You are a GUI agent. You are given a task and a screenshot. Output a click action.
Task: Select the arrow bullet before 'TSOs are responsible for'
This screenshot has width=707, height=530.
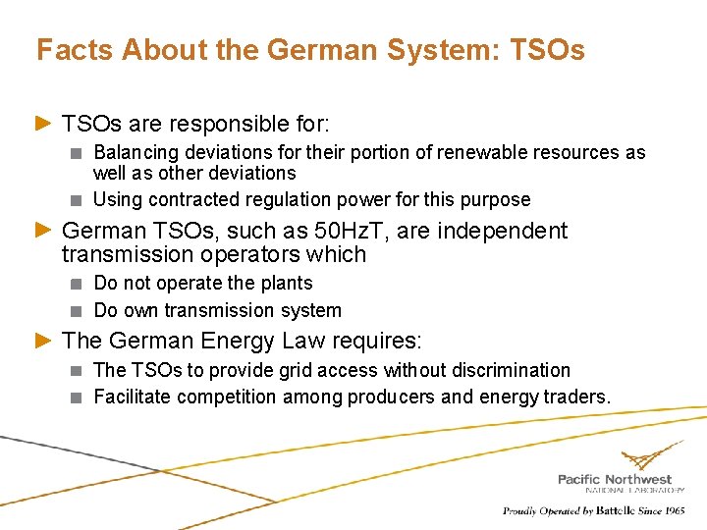point(42,124)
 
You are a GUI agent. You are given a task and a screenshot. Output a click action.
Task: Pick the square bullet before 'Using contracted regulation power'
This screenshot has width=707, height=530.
point(78,200)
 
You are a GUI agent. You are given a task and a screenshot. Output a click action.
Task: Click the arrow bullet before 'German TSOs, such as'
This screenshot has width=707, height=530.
point(42,231)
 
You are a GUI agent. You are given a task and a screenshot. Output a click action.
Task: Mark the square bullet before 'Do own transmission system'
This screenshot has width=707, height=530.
point(78,311)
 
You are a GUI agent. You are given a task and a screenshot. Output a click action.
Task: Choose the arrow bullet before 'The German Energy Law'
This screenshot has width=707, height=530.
point(42,341)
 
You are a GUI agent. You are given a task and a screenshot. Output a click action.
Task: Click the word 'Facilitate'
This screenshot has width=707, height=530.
point(134,397)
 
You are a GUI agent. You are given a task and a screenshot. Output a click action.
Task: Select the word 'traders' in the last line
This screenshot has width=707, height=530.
point(576,397)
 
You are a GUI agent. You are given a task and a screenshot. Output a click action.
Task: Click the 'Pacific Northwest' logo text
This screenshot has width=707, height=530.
point(615,478)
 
